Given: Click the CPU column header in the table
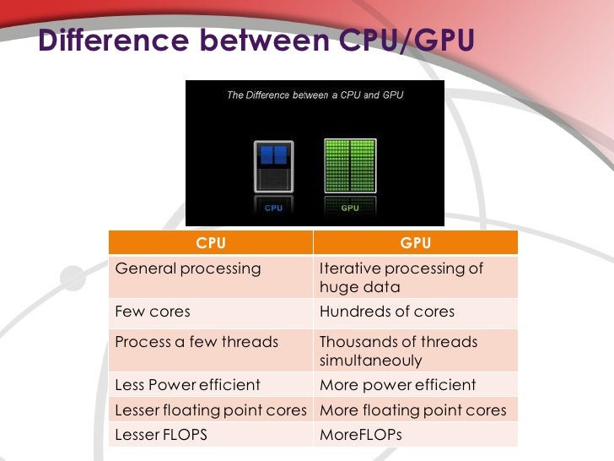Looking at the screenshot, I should (x=211, y=243).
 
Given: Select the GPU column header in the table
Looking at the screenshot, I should (x=416, y=243).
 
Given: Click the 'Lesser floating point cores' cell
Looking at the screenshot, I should (x=211, y=410).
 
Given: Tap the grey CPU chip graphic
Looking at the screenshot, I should (x=274, y=166).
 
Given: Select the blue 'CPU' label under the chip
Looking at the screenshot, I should (x=274, y=208).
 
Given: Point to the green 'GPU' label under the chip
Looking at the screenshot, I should (x=349, y=208).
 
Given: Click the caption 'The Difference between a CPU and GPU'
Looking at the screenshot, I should (x=315, y=95).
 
